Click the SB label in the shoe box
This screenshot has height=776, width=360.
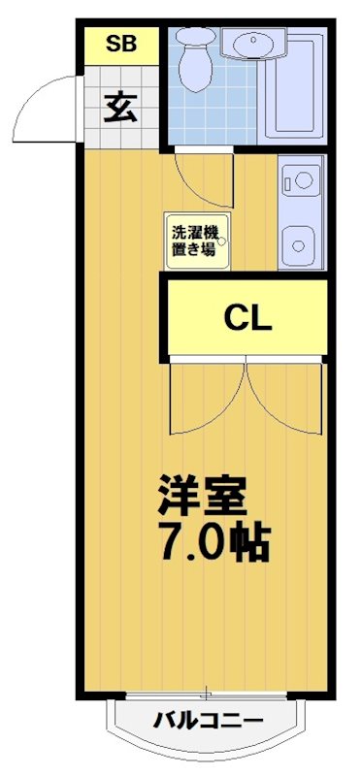120,43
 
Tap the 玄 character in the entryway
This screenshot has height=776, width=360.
119,106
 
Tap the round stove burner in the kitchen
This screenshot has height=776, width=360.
301,179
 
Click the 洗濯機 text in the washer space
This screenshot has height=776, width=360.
195,232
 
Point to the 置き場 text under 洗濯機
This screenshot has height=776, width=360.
193,248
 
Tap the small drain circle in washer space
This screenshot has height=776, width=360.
224,242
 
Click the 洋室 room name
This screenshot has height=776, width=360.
204,497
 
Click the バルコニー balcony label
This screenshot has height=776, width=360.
207,720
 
